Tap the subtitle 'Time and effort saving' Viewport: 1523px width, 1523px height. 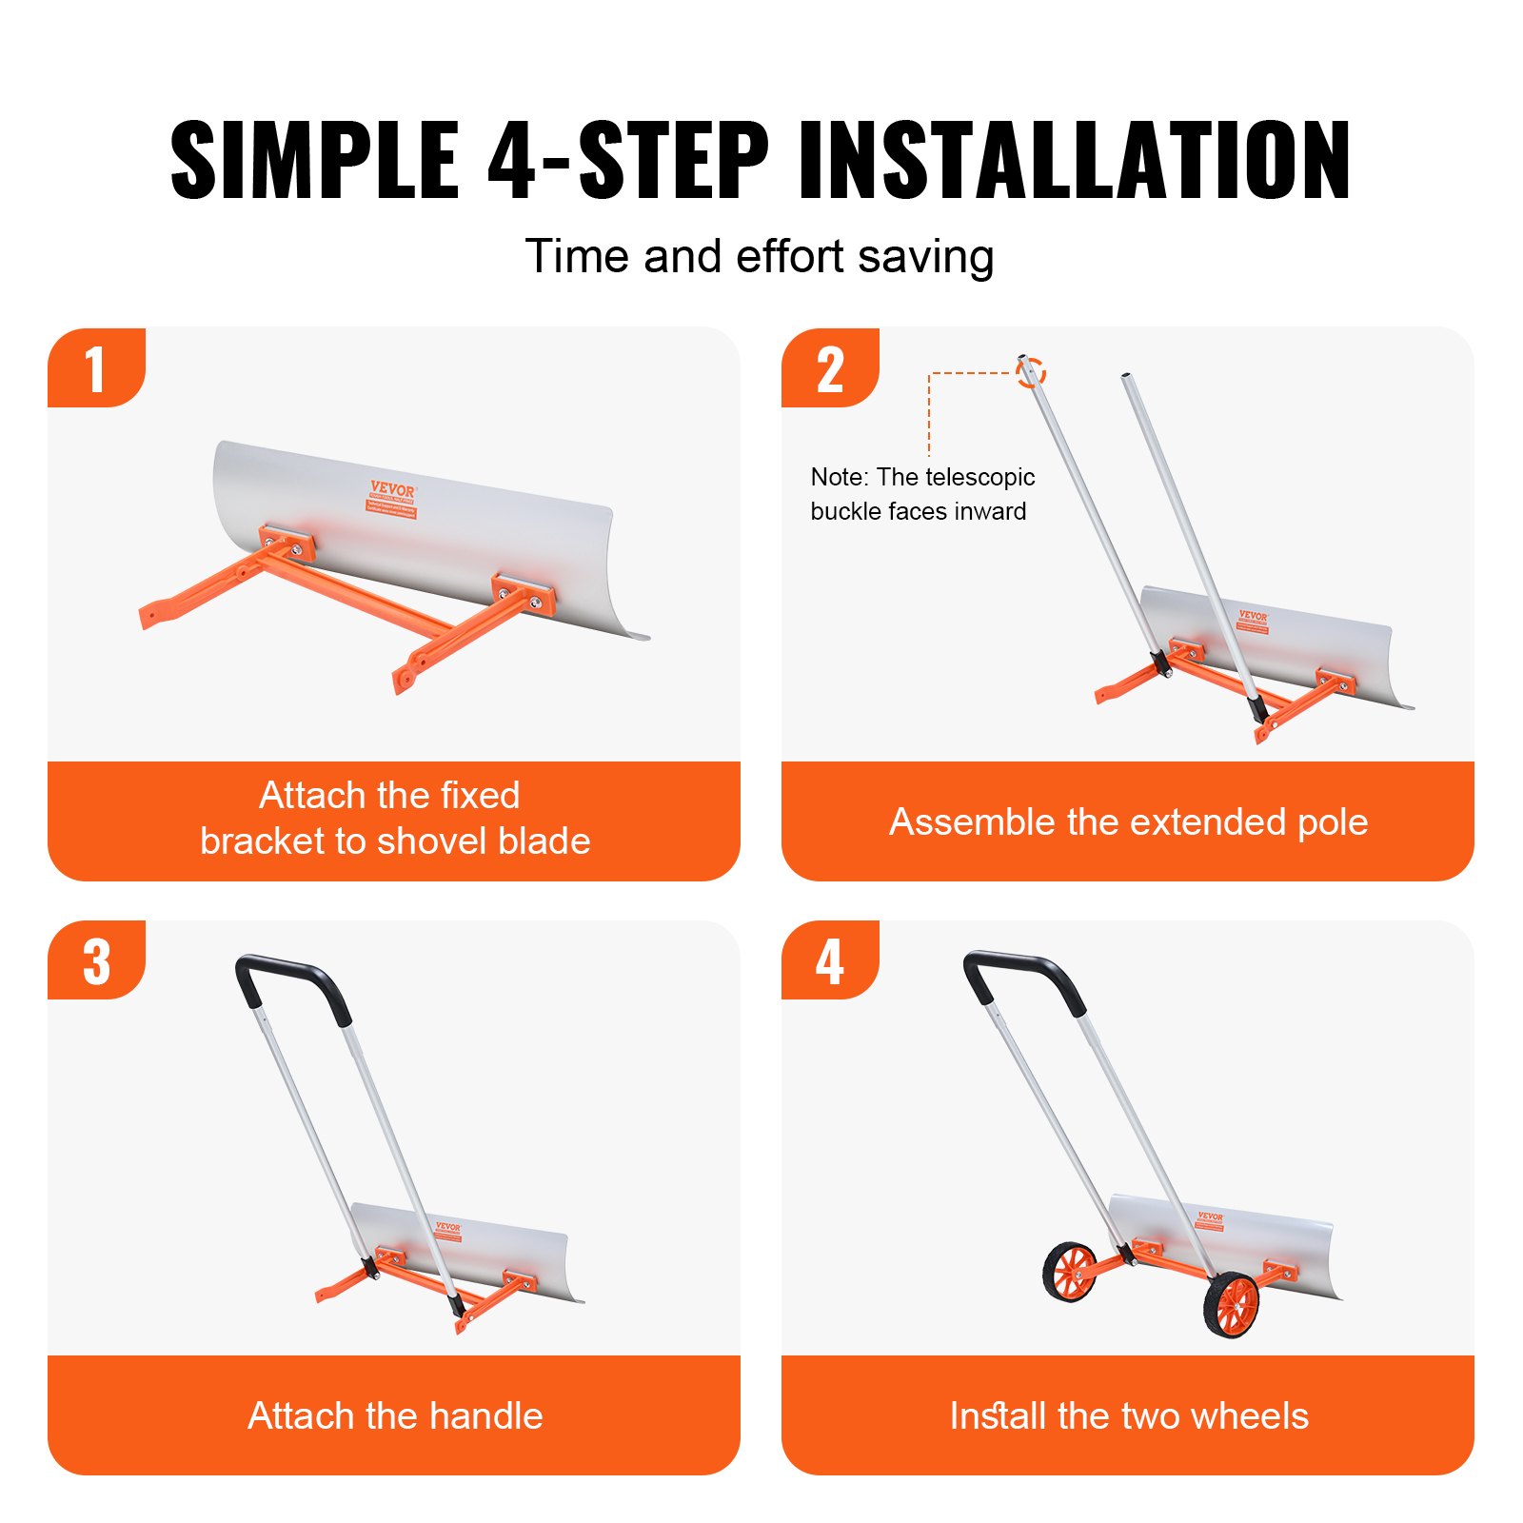[759, 257]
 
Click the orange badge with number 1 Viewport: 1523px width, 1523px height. [95, 368]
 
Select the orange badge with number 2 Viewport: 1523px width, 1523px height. [829, 368]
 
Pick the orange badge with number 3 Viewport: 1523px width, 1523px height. [95, 960]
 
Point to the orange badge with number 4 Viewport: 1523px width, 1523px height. [829, 960]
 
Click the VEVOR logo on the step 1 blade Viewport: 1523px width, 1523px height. [392, 489]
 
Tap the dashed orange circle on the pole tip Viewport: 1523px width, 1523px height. [1030, 372]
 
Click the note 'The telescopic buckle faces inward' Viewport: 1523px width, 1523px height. [921, 494]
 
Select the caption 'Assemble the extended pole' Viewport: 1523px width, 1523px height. [1128, 821]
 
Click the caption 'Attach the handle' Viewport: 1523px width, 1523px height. [394, 1415]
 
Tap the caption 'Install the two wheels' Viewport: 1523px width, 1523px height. [1128, 1415]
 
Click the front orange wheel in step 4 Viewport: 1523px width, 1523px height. [1232, 1303]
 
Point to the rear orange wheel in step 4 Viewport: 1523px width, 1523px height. [1072, 1271]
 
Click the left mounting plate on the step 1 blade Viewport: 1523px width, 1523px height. [287, 544]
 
